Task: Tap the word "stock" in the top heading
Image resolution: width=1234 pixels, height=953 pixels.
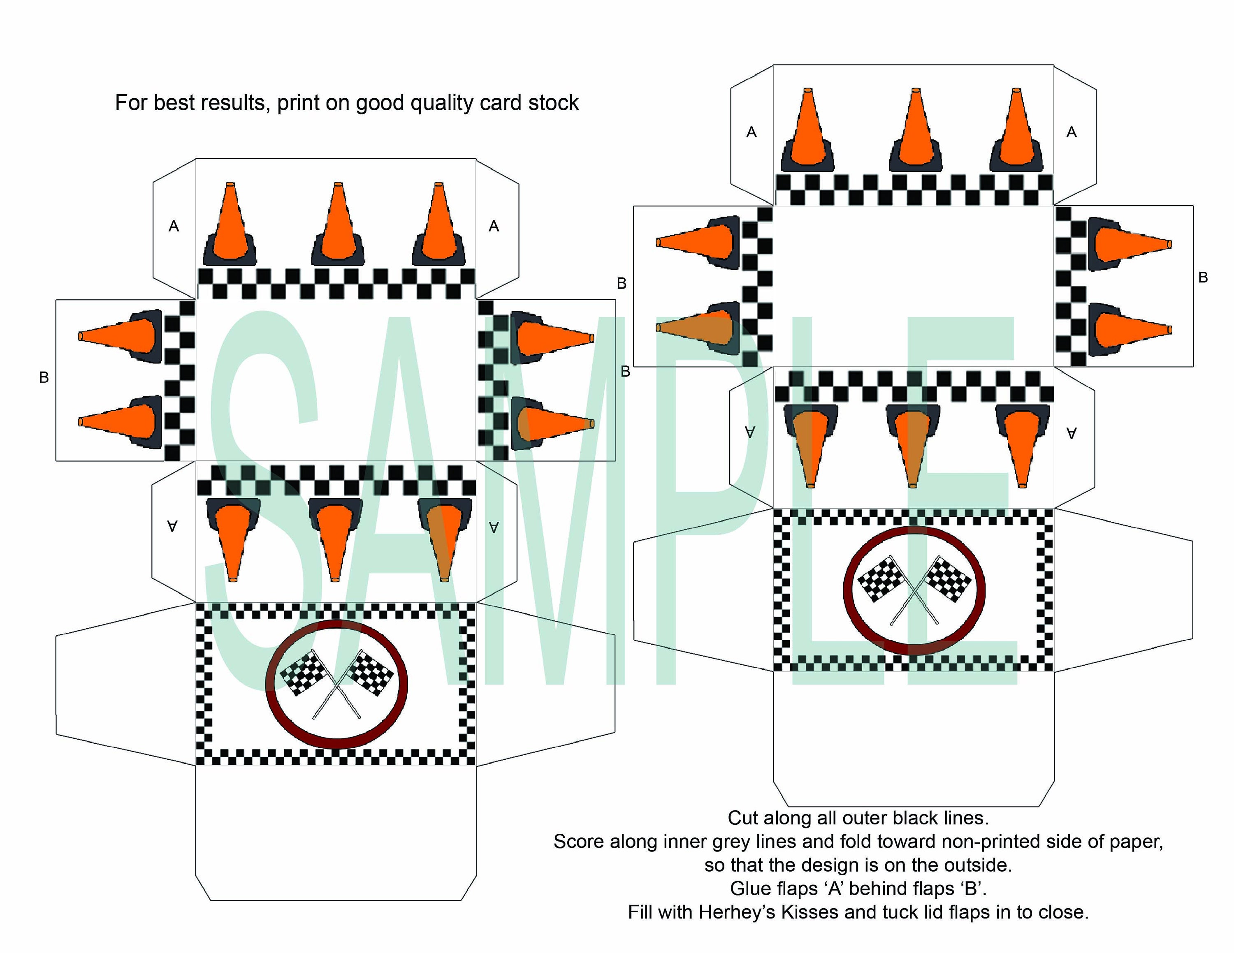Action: pyautogui.click(x=553, y=103)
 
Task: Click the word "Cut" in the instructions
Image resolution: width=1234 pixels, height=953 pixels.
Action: pyautogui.click(x=742, y=818)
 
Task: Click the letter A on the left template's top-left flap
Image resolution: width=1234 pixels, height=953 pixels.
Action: pyautogui.click(x=174, y=227)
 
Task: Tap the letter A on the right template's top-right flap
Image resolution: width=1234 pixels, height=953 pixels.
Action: pyautogui.click(x=1071, y=132)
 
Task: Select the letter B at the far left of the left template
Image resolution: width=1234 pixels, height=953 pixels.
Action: pyautogui.click(x=44, y=377)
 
